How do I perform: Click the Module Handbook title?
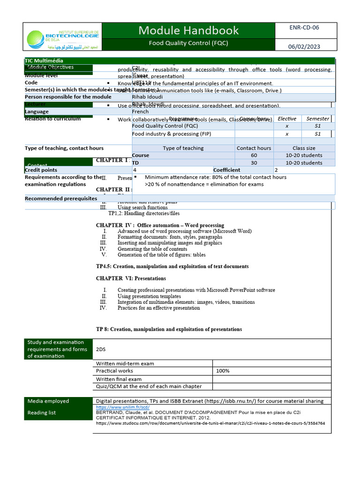[188, 30]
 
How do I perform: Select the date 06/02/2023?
[304, 46]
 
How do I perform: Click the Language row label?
[37, 112]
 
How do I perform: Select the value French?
[140, 112]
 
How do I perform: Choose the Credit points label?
[41, 170]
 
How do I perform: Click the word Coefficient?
[227, 170]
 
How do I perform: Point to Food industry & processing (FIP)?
[172, 134]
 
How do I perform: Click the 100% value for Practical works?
[223, 371]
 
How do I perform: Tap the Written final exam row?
[119, 379]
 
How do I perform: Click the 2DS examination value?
[101, 349]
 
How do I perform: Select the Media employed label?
[48, 401]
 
